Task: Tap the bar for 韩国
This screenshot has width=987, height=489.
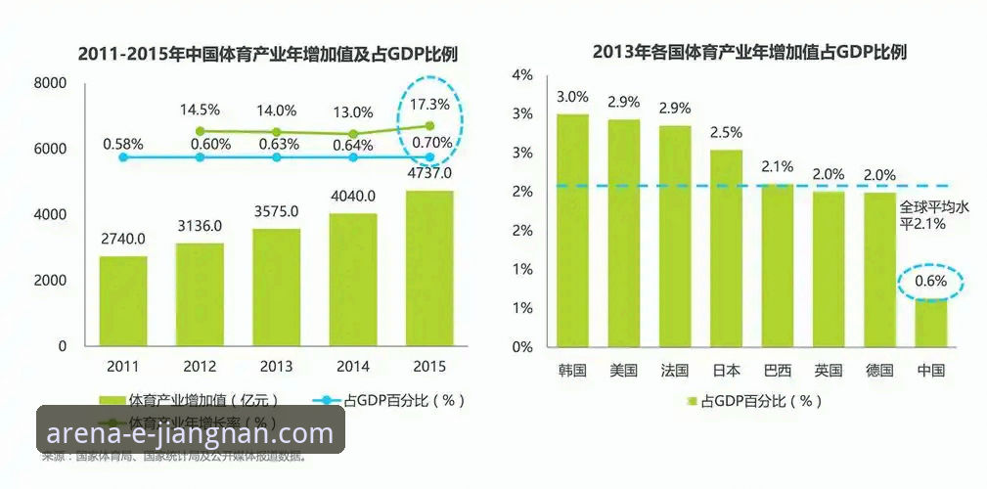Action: click(x=572, y=230)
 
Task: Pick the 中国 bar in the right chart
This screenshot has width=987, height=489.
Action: click(x=930, y=322)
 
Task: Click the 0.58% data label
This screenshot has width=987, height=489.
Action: click(x=123, y=144)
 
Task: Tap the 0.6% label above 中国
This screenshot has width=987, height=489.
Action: click(x=930, y=283)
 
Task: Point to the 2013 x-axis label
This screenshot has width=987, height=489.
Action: click(x=276, y=367)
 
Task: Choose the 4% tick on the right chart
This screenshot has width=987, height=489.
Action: click(x=522, y=75)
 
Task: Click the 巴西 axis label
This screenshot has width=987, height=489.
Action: click(x=777, y=371)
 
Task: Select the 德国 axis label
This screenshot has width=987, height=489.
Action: click(x=879, y=371)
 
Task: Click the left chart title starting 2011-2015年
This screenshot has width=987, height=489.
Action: click(x=269, y=54)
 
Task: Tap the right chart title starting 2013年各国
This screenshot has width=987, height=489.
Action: click(x=749, y=51)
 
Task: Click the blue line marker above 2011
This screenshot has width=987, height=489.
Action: click(x=123, y=156)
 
